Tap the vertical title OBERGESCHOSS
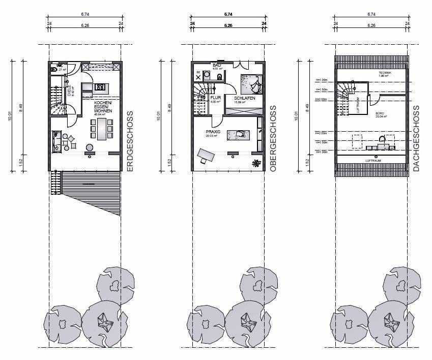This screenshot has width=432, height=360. [x=273, y=138]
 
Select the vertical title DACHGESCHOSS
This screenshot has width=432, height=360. [x=416, y=138]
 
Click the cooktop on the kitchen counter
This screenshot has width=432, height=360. [x=100, y=86]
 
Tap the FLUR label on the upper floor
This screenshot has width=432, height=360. [x=216, y=98]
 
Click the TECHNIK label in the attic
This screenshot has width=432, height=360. [x=385, y=73]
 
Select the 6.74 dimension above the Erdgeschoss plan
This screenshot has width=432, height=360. [x=85, y=15]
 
